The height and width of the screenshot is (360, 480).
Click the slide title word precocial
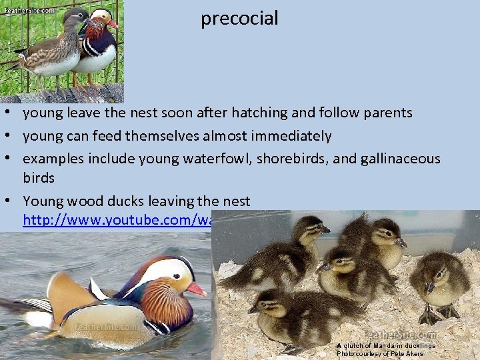(239, 19)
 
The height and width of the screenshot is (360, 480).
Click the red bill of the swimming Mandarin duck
(196, 289)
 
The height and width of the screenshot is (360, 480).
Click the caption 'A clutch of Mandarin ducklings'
(386, 346)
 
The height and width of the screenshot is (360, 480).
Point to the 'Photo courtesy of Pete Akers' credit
(380, 354)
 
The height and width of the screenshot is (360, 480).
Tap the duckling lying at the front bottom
(293, 317)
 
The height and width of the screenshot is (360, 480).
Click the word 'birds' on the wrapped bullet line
(39, 178)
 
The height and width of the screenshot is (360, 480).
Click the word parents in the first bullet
(388, 113)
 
